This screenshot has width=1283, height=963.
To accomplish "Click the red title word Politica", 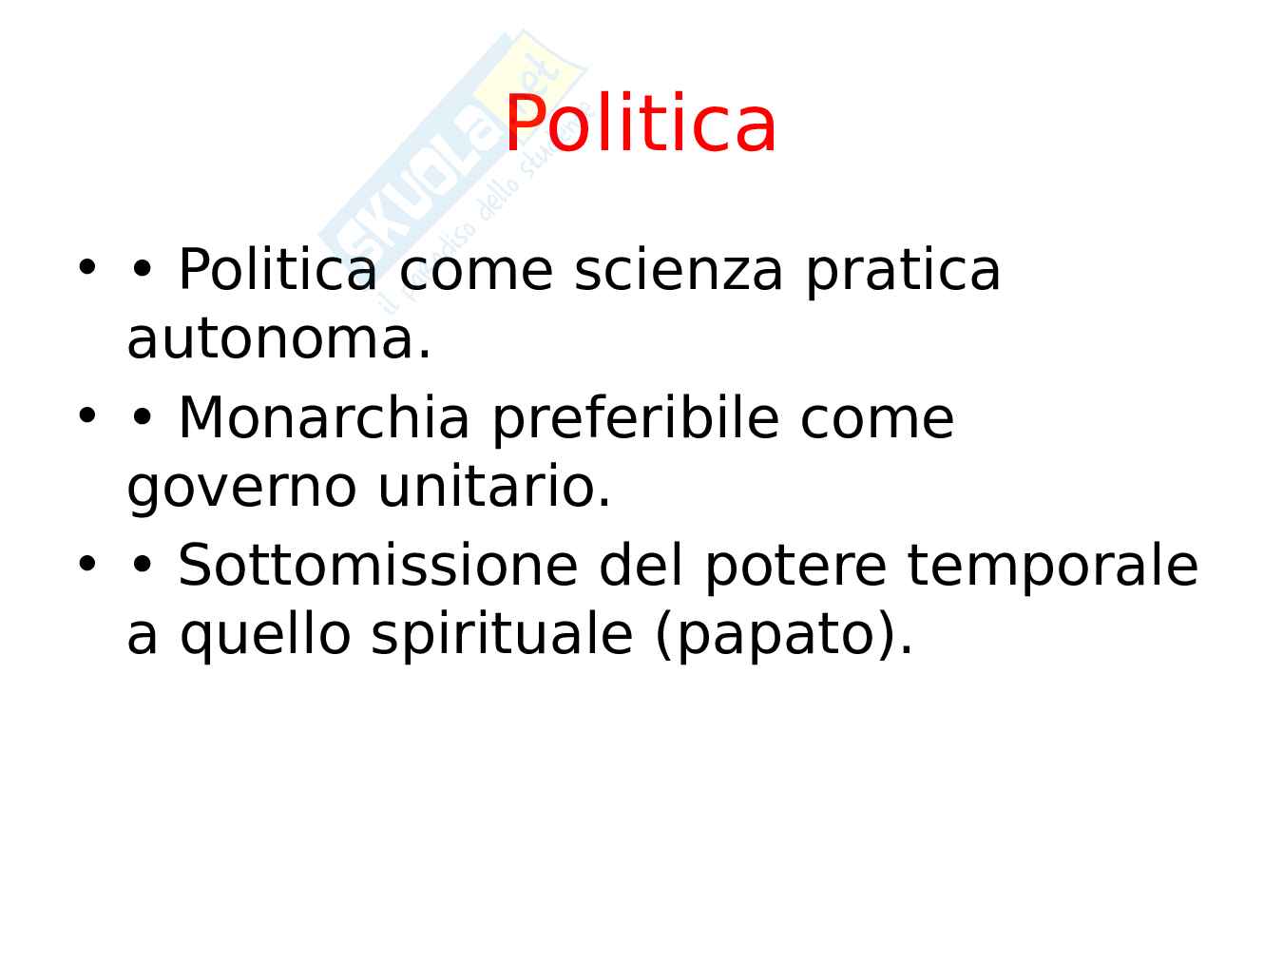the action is click(x=640, y=124).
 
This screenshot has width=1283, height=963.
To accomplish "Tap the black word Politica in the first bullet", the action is click(x=278, y=269).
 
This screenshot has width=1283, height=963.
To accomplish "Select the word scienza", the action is click(x=678, y=270).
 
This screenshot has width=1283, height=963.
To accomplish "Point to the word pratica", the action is click(x=903, y=273).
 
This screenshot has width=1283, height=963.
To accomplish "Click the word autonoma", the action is click(x=278, y=340).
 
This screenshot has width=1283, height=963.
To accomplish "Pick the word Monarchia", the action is click(x=324, y=417).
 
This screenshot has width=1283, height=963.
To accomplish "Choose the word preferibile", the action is click(x=636, y=420).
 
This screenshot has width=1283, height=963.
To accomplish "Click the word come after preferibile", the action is click(x=877, y=421).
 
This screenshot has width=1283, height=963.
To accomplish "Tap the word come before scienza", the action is click(x=475, y=274).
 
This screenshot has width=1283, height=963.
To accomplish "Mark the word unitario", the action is click(x=494, y=487).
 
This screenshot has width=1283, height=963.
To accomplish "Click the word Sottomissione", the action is click(x=377, y=565).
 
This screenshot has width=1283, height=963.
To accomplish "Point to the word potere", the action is click(x=795, y=568).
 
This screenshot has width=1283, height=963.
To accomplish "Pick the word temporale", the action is click(x=1052, y=568).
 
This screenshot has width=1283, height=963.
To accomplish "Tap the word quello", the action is click(x=265, y=637).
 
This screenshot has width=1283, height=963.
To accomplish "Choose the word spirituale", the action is click(x=502, y=637).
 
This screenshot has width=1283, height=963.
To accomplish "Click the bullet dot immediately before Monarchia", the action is click(x=142, y=416).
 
